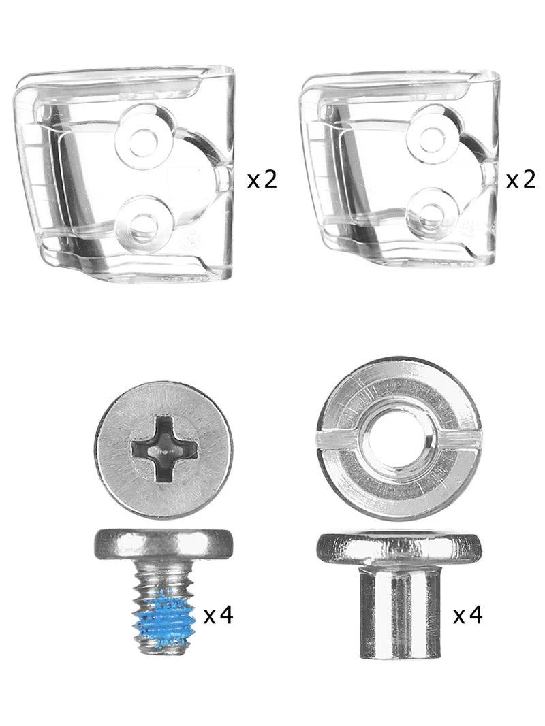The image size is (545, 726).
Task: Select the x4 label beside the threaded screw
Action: click(x=219, y=615)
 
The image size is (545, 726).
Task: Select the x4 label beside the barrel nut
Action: click(x=468, y=615)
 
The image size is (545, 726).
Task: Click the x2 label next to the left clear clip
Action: click(x=262, y=179)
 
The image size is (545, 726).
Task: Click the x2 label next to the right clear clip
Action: click(x=521, y=179)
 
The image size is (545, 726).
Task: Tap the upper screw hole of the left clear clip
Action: click(x=143, y=137)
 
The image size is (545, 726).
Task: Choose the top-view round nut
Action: click(x=399, y=438)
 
